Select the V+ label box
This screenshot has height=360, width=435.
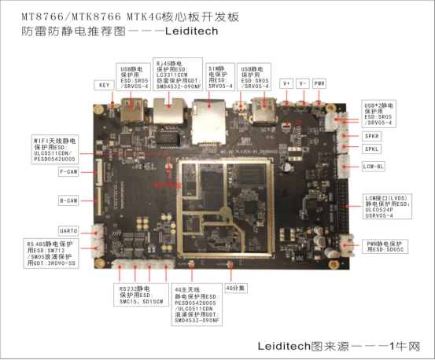[x=286, y=83]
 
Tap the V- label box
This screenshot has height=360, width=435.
[x=303, y=83]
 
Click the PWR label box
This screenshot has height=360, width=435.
[x=319, y=83]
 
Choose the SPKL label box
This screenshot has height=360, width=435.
[x=373, y=149]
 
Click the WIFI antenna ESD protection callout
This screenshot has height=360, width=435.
[x=57, y=149]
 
